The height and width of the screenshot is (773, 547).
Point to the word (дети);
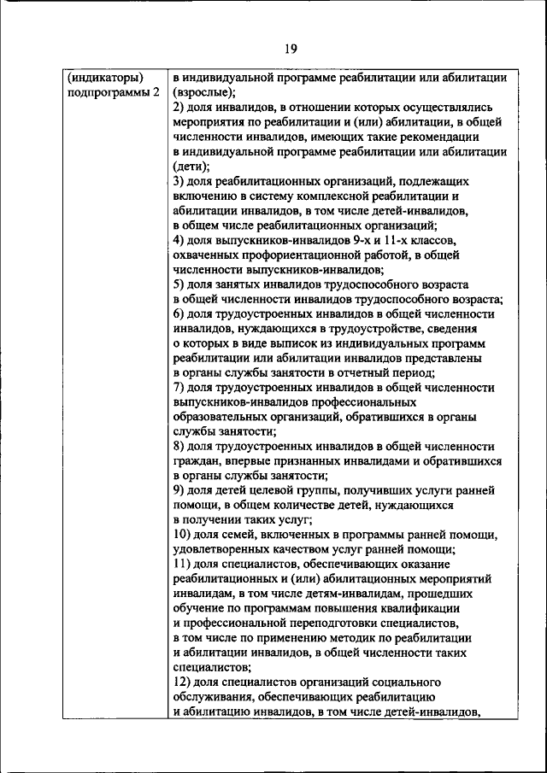(191, 167)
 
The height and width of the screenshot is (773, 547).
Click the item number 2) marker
(178, 107)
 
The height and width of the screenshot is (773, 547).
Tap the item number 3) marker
(178, 182)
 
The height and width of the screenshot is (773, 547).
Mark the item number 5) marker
(178, 284)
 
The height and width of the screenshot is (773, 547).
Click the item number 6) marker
(178, 313)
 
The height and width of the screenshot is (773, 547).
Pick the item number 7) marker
(178, 388)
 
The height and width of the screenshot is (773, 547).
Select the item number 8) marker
(178, 447)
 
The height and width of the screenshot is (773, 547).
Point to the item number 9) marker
(178, 490)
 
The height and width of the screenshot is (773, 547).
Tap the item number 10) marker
(181, 535)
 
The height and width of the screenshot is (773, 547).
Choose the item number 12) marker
(181, 682)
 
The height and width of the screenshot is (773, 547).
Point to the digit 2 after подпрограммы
(156, 91)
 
